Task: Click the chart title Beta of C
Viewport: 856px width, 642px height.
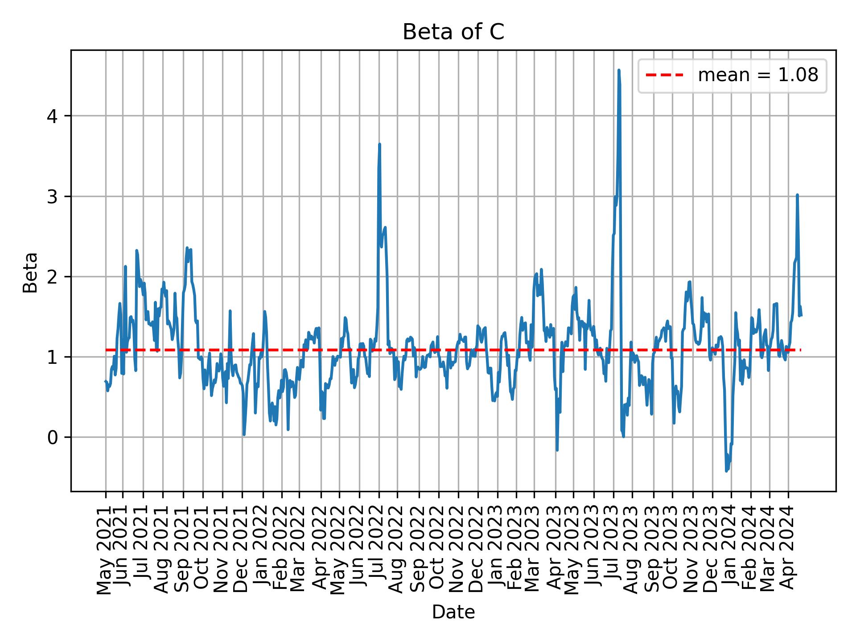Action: [x=453, y=32]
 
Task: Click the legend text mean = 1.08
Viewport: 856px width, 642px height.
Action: [x=758, y=75]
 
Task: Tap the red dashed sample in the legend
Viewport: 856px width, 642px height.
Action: [x=664, y=75]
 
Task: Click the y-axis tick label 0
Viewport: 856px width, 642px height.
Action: [x=53, y=437]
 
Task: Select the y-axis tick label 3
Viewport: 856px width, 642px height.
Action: [x=53, y=197]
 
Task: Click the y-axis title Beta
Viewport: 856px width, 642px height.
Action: [x=30, y=272]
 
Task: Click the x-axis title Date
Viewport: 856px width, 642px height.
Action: [x=453, y=612]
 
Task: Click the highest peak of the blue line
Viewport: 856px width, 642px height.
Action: [x=619, y=70]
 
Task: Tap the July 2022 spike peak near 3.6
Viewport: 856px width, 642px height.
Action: [x=379, y=144]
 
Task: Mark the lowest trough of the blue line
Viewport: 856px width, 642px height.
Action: [x=727, y=471]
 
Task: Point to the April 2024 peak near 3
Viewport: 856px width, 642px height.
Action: [x=797, y=195]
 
